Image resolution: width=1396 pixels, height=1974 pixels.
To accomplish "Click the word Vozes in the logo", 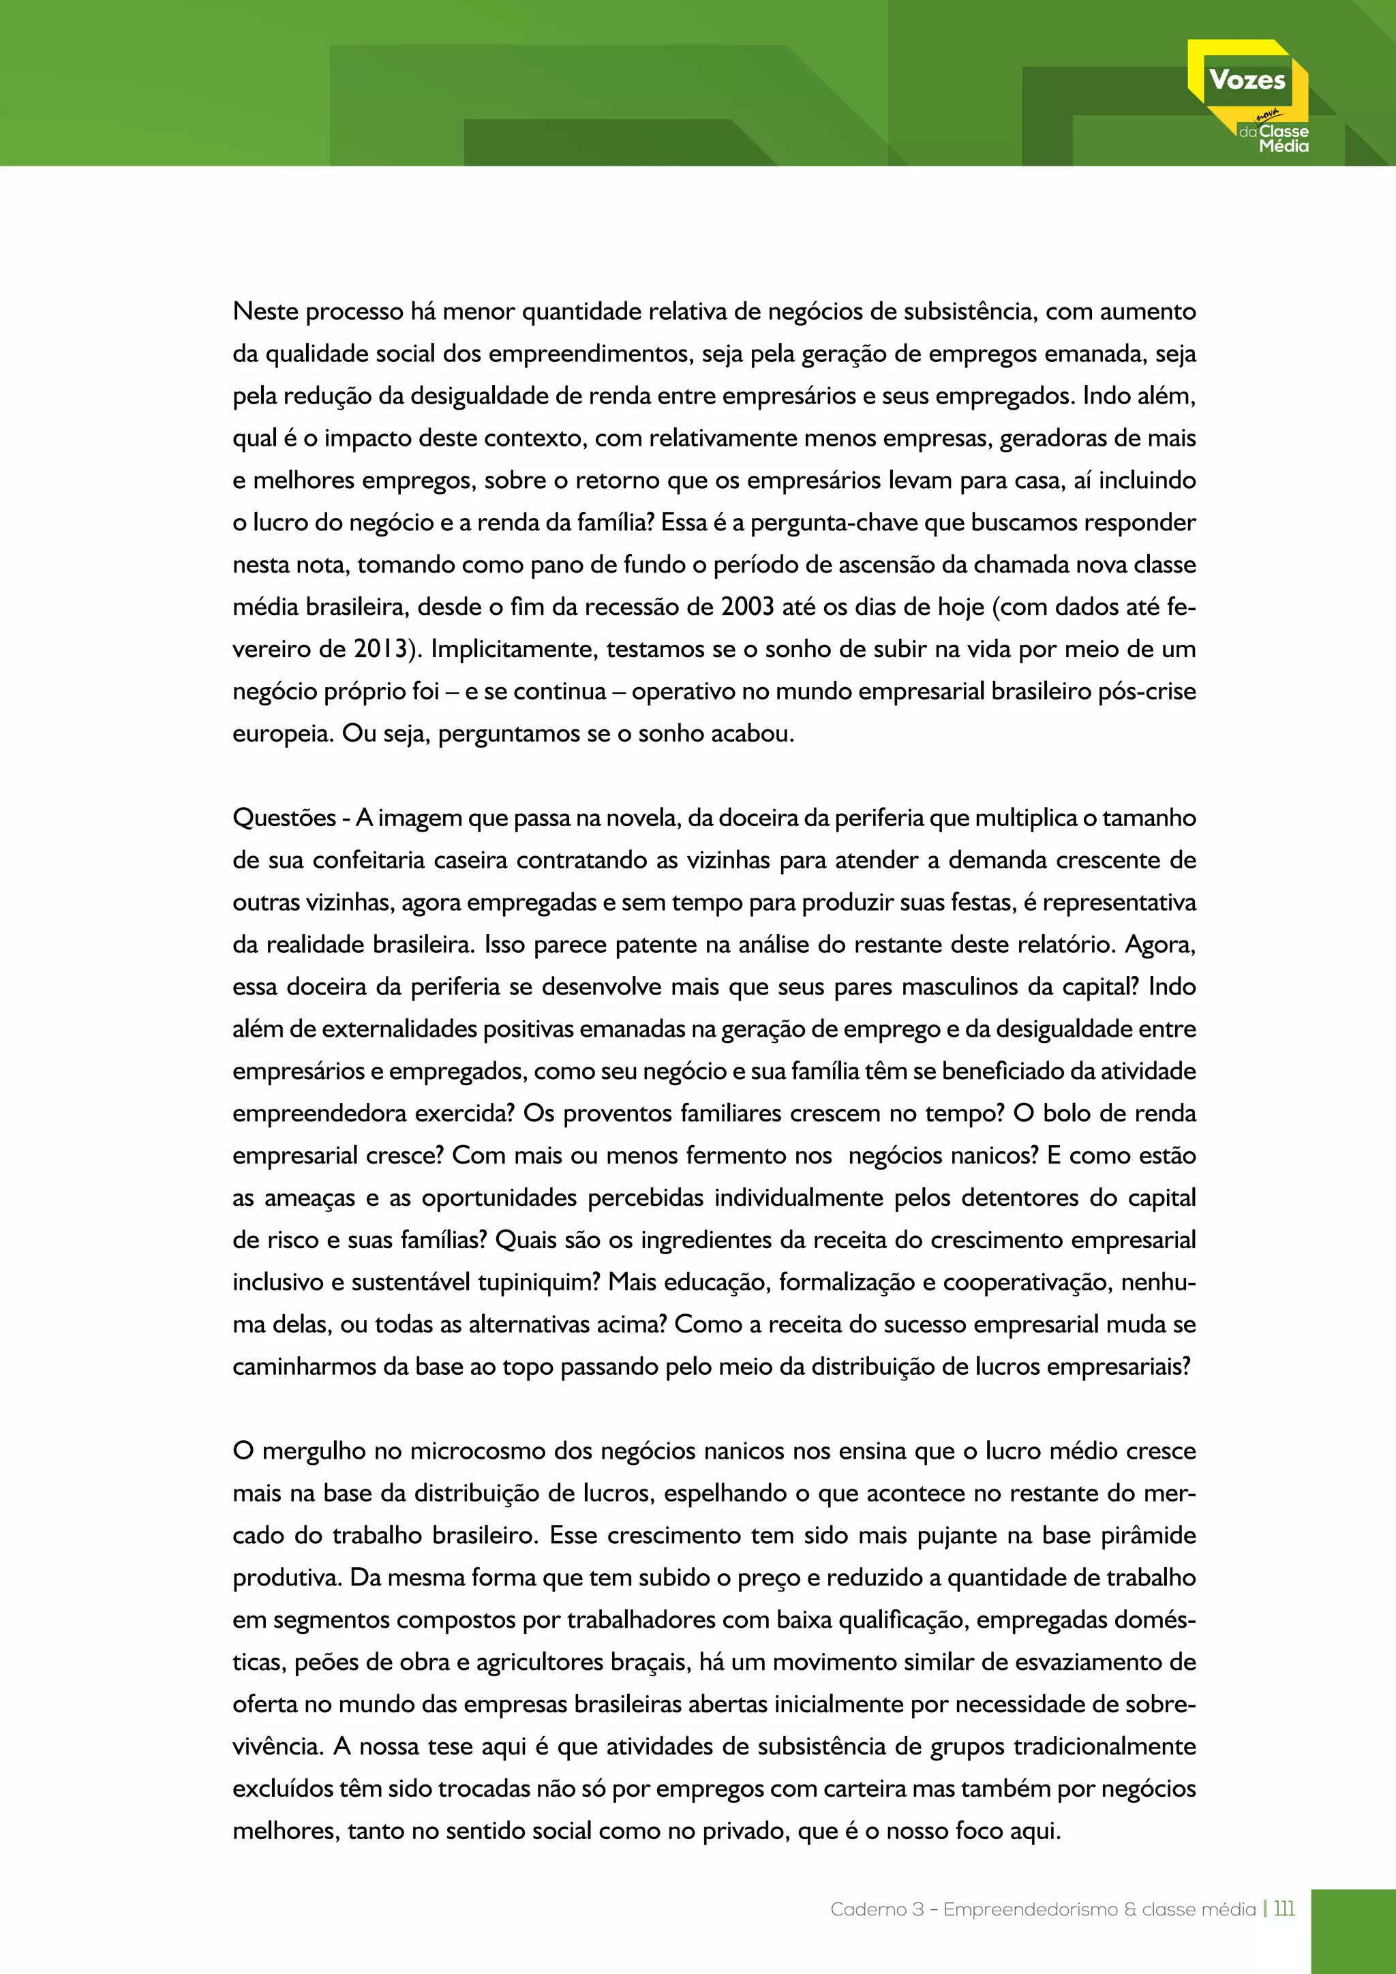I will tap(1247, 80).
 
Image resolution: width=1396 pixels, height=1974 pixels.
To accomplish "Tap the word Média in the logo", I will tap(1284, 147).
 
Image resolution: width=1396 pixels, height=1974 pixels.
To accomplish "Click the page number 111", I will tap(1284, 1909).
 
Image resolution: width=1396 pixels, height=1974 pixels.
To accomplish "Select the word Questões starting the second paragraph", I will tap(284, 818).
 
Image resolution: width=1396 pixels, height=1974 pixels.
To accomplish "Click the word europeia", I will tap(281, 734).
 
